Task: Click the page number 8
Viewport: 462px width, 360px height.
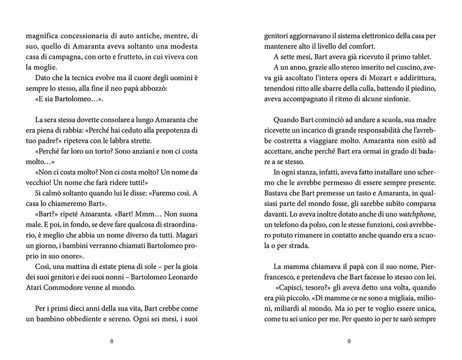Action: pos(111,342)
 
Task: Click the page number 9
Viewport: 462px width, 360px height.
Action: pos(350,342)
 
